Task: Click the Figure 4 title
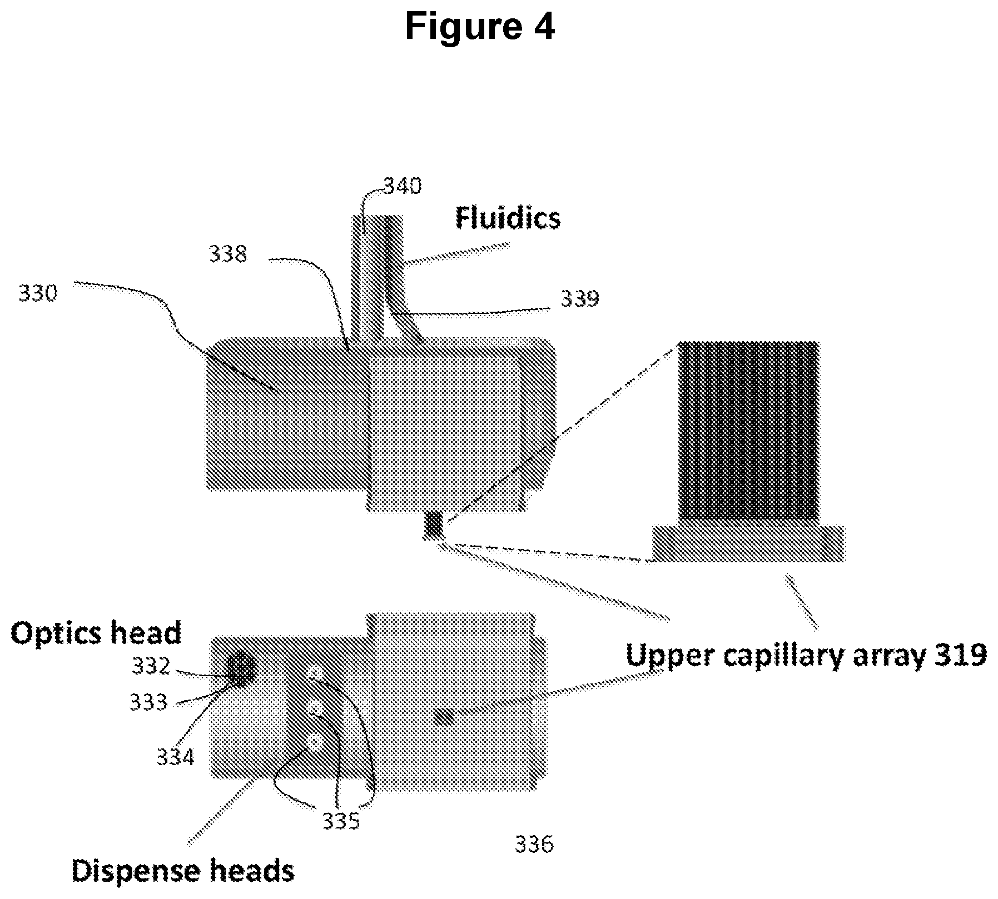pyautogui.click(x=480, y=26)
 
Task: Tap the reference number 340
pyautogui.click(x=403, y=186)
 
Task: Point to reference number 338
pyautogui.click(x=228, y=254)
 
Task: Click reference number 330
pyautogui.click(x=38, y=293)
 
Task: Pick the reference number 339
pyautogui.click(x=580, y=299)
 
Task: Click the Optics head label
pyautogui.click(x=96, y=633)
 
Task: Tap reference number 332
pyautogui.click(x=151, y=666)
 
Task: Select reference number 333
pyautogui.click(x=148, y=702)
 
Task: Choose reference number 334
pyautogui.click(x=175, y=757)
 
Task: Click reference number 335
pyautogui.click(x=341, y=821)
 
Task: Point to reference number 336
pyautogui.click(x=534, y=845)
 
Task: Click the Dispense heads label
pyautogui.click(x=183, y=871)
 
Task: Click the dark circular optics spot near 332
pyautogui.click(x=241, y=669)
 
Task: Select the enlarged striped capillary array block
pyautogui.click(x=748, y=432)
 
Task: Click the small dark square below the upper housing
pyautogui.click(x=434, y=525)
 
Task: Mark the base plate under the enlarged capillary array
pyautogui.click(x=748, y=543)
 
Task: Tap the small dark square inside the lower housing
pyautogui.click(x=444, y=718)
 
